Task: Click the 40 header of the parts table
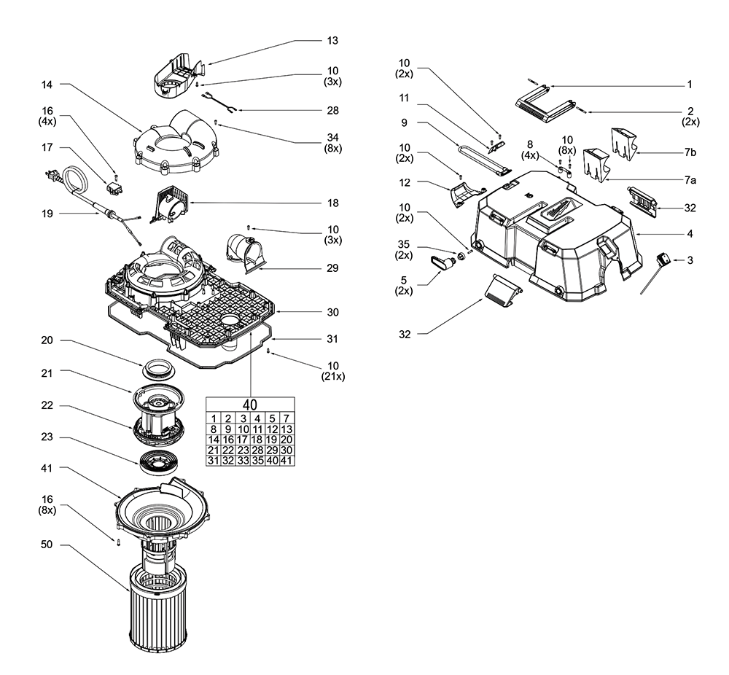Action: (x=250, y=403)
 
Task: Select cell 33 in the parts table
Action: (x=243, y=461)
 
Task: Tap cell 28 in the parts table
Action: (x=257, y=450)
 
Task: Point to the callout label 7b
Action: (x=690, y=153)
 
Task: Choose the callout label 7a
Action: (x=690, y=178)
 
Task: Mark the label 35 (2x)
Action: (x=403, y=249)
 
